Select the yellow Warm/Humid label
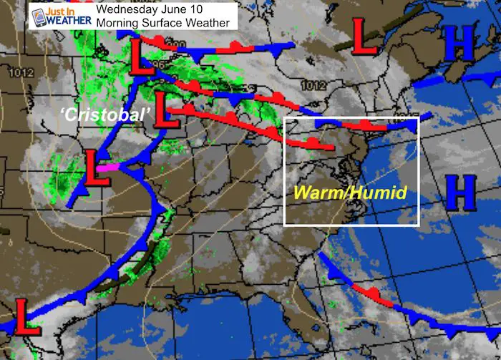point(349,193)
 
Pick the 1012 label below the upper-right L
point(313,85)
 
